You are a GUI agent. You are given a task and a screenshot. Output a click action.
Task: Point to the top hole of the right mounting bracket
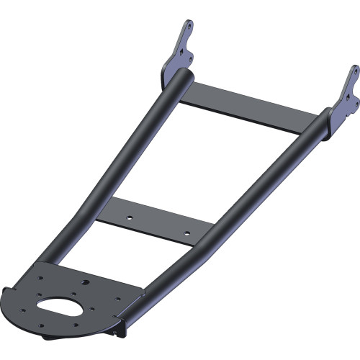tap(355, 71)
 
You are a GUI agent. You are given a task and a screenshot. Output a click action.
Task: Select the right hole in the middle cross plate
tap(186, 233)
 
